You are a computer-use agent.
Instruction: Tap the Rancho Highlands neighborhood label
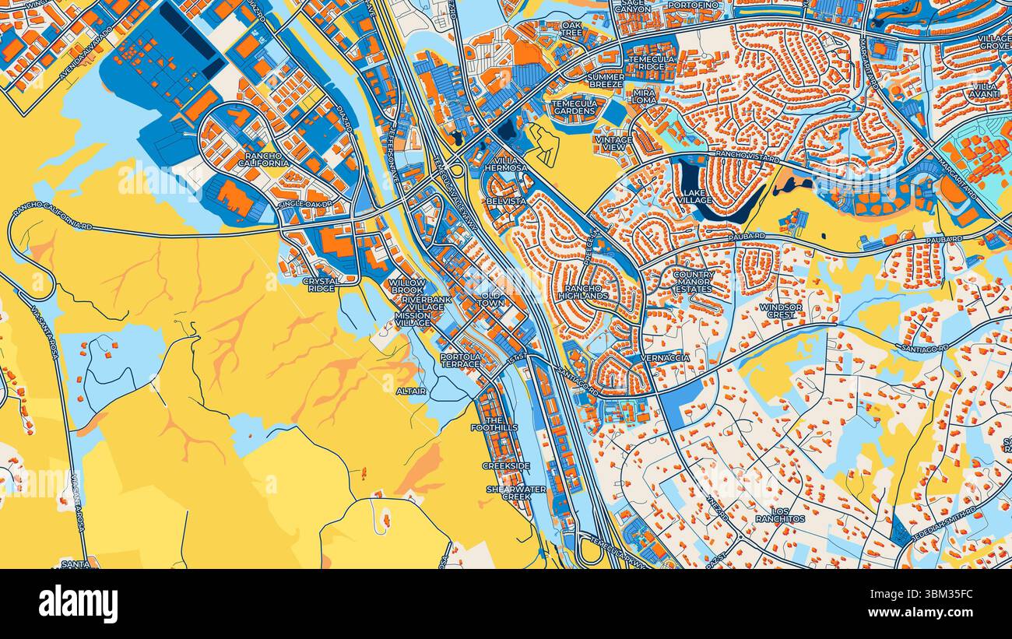[583, 292]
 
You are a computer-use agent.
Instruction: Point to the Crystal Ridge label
[319, 284]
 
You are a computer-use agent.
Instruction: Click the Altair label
[411, 391]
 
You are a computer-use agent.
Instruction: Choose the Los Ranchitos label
[779, 514]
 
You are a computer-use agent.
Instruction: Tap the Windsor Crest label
[781, 311]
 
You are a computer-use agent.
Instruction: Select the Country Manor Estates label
[693, 282]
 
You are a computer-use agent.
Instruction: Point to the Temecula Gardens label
[575, 107]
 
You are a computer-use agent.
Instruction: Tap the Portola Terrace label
[460, 360]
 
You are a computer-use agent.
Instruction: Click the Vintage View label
[613, 143]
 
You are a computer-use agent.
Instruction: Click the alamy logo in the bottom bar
[78, 603]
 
